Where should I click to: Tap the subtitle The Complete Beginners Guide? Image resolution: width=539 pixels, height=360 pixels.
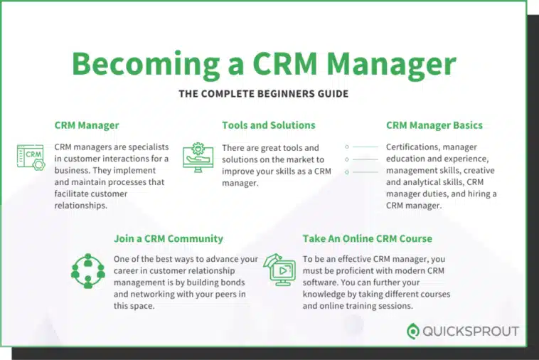point(264,93)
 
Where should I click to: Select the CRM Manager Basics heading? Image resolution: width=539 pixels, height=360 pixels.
point(434,125)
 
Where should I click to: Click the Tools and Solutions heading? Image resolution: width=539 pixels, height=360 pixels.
point(269,125)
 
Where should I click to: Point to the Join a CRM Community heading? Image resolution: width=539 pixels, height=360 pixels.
point(169,238)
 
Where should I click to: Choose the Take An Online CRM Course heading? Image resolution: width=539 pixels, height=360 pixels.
point(367,238)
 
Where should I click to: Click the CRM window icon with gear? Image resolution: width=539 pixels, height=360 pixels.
point(31,157)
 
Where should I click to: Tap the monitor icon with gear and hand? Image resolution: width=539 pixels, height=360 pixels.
point(198,157)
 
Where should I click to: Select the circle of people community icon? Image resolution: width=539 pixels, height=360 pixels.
point(88,271)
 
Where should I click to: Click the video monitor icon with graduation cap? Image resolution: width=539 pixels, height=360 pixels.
point(280,270)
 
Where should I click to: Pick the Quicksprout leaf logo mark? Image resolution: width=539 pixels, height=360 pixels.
point(413,332)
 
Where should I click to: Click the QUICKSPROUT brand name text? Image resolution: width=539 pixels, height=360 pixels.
point(471,332)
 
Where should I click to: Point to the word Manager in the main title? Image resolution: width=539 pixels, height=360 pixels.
point(391,64)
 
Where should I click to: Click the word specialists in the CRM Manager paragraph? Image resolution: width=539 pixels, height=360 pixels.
point(146,147)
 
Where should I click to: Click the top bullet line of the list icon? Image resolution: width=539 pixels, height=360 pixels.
point(362,147)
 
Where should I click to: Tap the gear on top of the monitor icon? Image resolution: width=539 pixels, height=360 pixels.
point(198,149)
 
